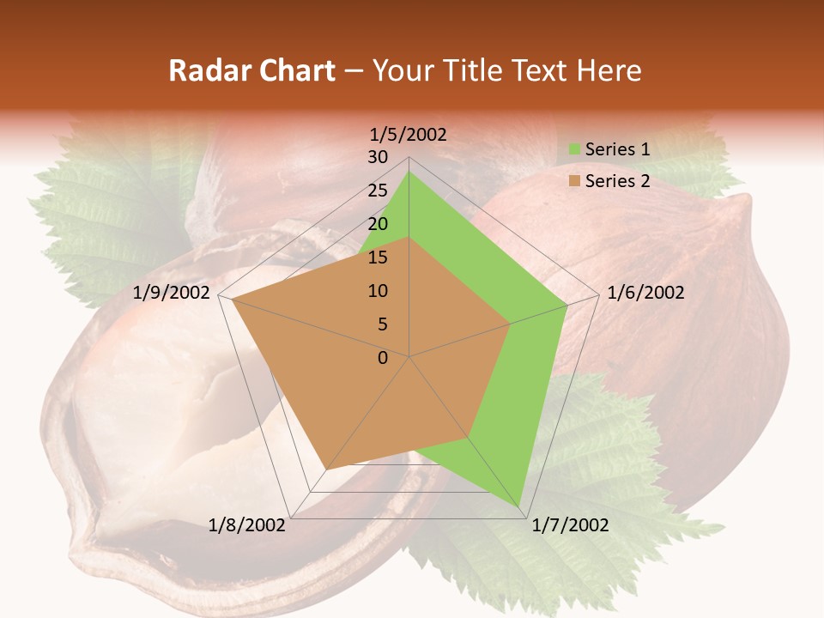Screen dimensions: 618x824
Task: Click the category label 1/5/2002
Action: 408,134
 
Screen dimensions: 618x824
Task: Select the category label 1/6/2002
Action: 645,293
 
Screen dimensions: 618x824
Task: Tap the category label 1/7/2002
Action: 570,525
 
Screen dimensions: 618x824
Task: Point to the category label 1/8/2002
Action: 246,525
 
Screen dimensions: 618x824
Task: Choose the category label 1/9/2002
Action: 172,293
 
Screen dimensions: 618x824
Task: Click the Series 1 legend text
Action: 617,149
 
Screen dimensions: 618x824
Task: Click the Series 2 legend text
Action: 617,181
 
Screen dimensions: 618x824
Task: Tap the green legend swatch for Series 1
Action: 574,150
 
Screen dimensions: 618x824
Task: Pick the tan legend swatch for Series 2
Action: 574,182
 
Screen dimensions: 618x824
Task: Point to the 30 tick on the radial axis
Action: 378,157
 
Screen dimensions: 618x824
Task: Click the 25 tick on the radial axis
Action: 378,191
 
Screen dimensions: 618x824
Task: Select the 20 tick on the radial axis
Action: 378,224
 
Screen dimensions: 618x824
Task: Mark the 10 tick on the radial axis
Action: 378,291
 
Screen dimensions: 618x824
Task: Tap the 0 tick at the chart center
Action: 383,358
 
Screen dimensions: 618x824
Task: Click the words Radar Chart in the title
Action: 251,71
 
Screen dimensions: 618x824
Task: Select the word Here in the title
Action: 609,71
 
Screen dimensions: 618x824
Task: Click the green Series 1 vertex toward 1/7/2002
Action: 519,507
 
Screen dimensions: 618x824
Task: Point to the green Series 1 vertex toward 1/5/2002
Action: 409,171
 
